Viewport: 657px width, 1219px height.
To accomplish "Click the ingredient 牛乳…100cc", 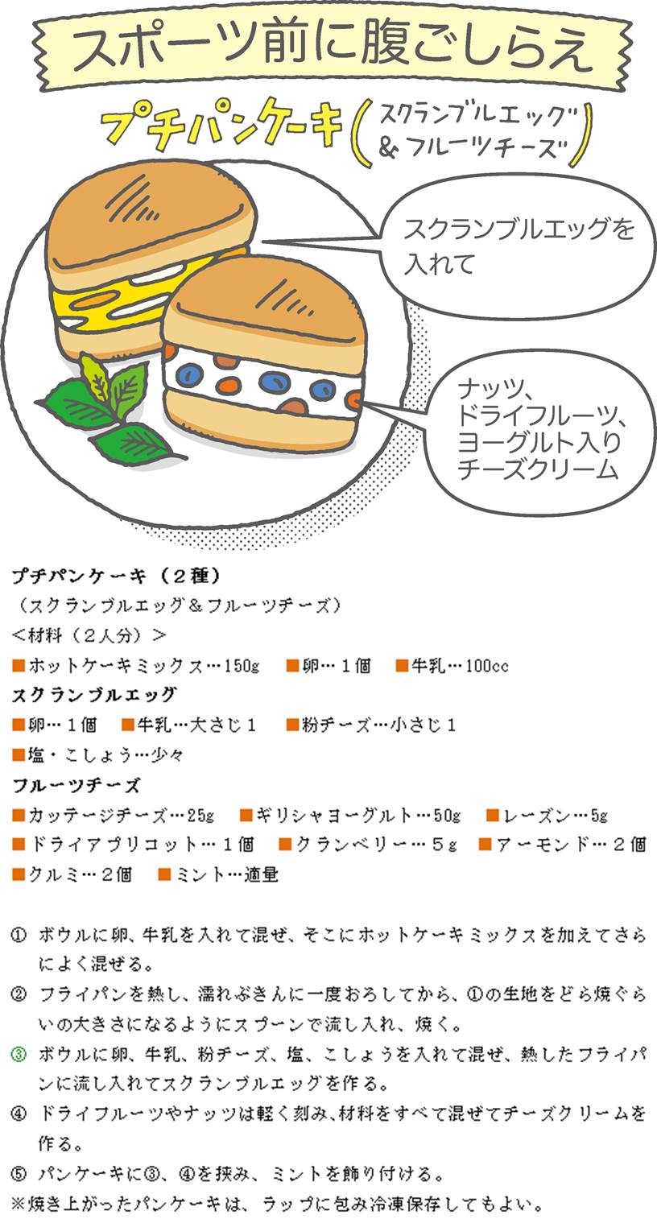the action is [x=452, y=665].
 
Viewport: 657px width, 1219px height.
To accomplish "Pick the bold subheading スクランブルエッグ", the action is [x=94, y=695].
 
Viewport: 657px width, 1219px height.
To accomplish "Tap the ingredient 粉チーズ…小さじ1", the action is [x=371, y=725].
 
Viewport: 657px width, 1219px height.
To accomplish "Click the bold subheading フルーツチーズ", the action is [x=76, y=785].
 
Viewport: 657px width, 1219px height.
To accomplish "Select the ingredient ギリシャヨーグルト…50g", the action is [x=351, y=815].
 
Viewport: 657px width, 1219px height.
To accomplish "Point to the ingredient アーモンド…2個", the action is [x=563, y=845].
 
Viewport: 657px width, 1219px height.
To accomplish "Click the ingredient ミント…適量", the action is [x=218, y=874].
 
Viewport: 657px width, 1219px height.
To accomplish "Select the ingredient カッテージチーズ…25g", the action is [x=114, y=815].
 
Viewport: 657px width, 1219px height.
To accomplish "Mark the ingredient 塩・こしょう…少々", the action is [x=98, y=754].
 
